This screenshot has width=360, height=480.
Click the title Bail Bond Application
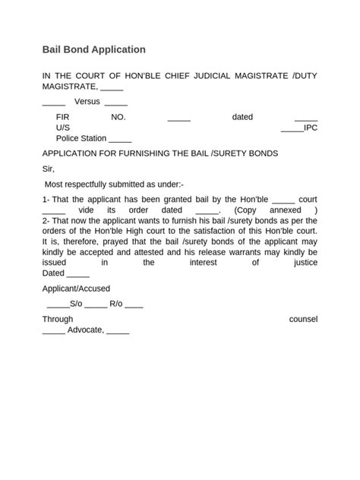coord(93,49)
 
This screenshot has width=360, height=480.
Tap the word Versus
coord(87,102)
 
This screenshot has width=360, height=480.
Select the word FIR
coord(63,117)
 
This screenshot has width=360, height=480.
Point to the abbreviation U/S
coord(62,128)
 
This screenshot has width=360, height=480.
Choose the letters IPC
coord(311,128)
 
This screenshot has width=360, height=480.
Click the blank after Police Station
coord(120,139)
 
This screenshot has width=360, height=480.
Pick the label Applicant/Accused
coord(76,289)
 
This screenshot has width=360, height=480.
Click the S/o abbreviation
coord(75,304)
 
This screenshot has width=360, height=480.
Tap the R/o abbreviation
coord(115,304)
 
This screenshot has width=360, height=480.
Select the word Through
coord(58,319)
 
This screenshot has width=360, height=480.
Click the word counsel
coord(303,319)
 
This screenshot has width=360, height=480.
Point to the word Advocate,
coord(87,330)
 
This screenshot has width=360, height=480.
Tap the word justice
coord(305,262)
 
